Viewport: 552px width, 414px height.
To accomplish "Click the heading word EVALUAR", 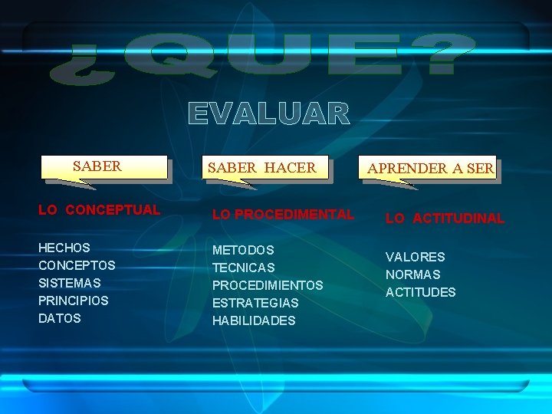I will [x=269, y=114].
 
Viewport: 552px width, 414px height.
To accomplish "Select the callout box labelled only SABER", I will [x=105, y=166].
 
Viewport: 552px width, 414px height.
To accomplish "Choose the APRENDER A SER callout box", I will [x=429, y=168].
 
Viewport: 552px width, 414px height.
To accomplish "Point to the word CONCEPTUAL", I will [x=113, y=209].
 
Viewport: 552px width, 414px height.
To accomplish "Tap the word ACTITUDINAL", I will [x=458, y=219].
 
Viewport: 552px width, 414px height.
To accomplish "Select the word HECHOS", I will [x=64, y=248].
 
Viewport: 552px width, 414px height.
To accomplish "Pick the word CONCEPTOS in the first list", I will [x=77, y=266].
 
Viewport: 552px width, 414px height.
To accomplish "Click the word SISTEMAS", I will [x=69, y=284].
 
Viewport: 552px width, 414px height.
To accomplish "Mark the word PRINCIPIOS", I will [x=74, y=301].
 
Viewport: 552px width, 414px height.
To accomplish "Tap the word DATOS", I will [x=60, y=319].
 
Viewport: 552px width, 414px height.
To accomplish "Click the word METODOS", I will [x=243, y=251].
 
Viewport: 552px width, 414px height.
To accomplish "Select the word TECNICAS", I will [x=243, y=268].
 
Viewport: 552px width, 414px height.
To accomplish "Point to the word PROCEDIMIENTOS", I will [x=268, y=286].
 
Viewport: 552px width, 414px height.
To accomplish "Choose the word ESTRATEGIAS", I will [x=255, y=304].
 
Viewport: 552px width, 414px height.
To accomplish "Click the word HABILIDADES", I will [x=254, y=321].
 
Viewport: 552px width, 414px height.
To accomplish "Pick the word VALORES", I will [x=415, y=257].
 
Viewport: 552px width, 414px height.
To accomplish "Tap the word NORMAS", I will [x=413, y=274].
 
